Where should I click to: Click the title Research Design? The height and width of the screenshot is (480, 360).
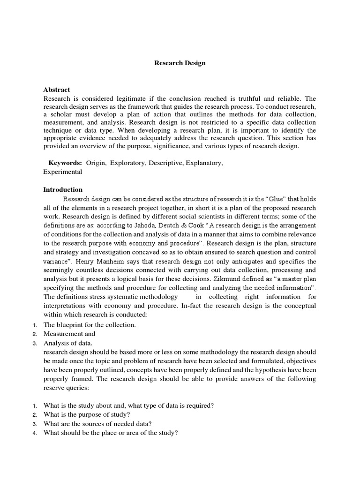pos(180,63)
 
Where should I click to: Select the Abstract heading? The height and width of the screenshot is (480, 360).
pos(57,90)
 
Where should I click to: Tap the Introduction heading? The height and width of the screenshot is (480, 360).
pos(63,190)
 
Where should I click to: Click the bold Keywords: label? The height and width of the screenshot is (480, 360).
pos(66,163)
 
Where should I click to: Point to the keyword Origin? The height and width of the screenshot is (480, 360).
pos(97,163)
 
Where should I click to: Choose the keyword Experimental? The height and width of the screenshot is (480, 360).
pos(63,172)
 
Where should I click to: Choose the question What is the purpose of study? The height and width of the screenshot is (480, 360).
pos(87,415)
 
